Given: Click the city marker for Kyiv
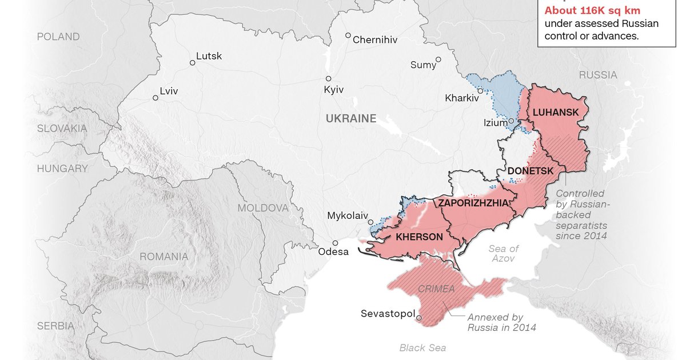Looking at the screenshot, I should click(x=329, y=79).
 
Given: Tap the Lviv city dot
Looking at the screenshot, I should click(x=155, y=98).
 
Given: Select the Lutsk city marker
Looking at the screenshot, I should click(x=193, y=63).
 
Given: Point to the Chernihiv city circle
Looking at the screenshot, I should click(x=348, y=35).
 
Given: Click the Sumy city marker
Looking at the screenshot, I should click(x=438, y=59).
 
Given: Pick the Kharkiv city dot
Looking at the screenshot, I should click(x=480, y=91).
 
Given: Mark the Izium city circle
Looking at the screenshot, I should click(x=511, y=121).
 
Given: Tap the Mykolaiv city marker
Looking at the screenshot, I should click(x=370, y=222).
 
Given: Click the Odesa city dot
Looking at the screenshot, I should click(x=335, y=243).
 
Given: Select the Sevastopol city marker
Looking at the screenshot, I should click(x=419, y=318).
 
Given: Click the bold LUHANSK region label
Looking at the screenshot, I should click(x=555, y=112).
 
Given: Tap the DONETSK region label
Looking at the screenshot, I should click(x=530, y=171).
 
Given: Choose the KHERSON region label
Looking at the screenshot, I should click(x=419, y=237).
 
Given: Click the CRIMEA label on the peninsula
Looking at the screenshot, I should click(x=436, y=289).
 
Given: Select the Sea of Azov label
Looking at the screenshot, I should click(x=504, y=253).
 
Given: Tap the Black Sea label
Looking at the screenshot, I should click(x=422, y=347).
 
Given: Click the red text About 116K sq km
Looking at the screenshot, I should click(x=592, y=10).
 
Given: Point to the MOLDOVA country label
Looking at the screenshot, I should click(x=263, y=208).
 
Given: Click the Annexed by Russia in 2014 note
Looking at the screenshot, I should click(x=501, y=322).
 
